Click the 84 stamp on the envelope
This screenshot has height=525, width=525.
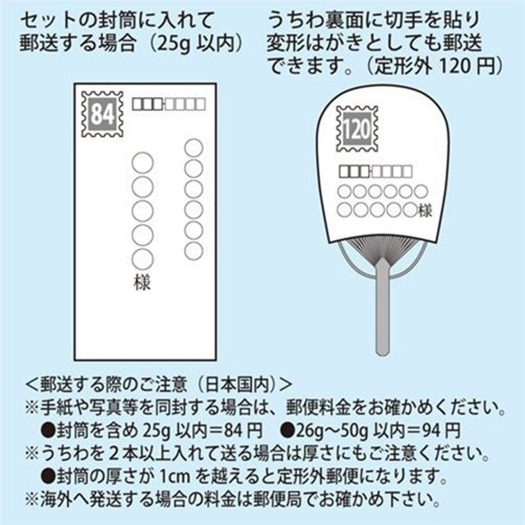102,114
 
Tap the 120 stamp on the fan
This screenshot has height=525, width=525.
357,128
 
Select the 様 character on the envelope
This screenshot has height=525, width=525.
142,282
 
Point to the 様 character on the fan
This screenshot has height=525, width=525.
425,211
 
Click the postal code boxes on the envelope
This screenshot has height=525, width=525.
169,104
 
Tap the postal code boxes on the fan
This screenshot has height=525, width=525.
375,171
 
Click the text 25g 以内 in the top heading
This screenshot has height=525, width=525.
194,43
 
